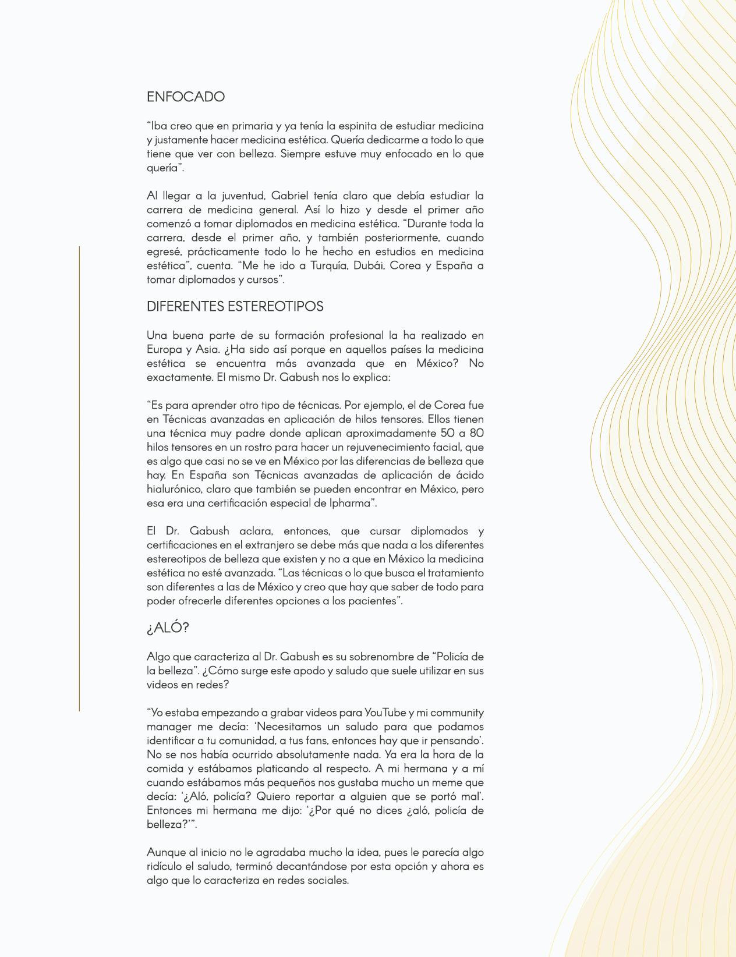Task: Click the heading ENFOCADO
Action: [185, 97]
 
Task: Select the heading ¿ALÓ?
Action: [168, 628]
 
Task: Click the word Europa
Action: [164, 349]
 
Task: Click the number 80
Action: [476, 433]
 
